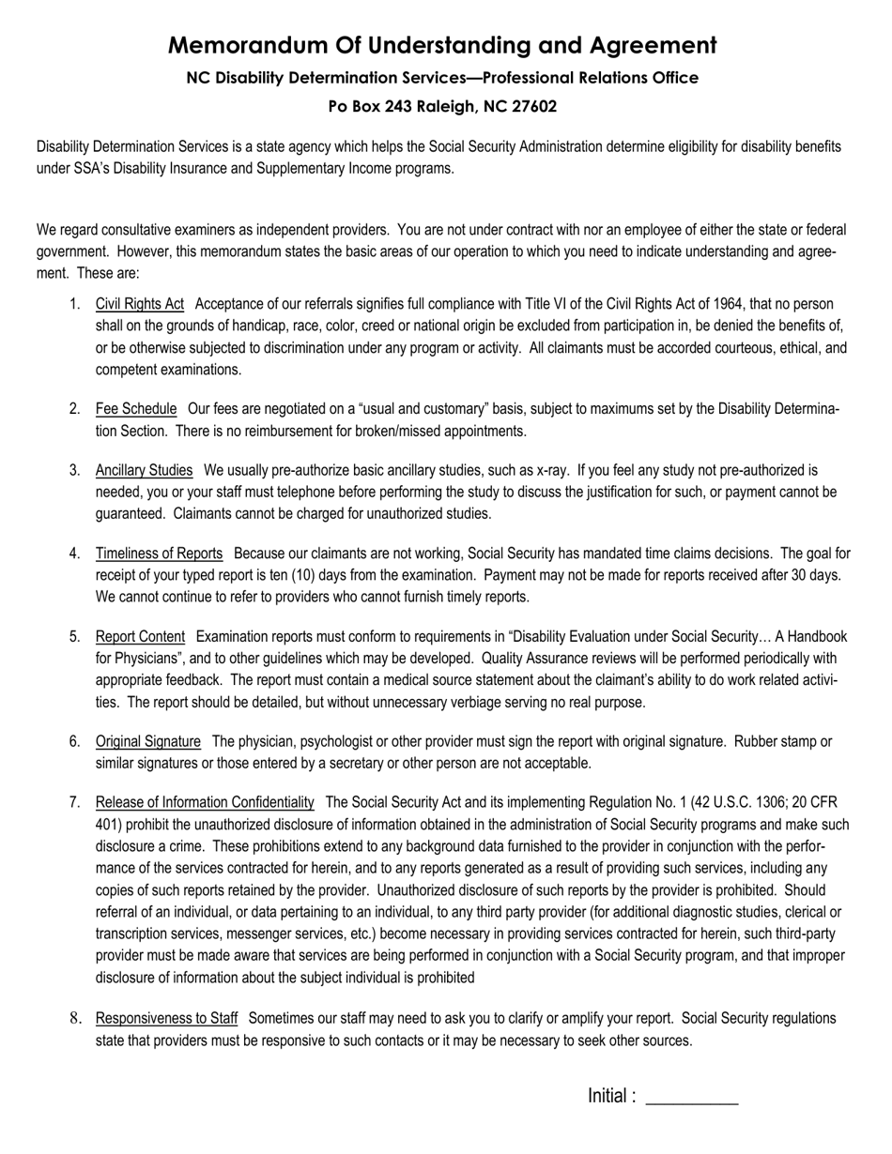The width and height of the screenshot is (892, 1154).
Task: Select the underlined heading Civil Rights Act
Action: (139, 304)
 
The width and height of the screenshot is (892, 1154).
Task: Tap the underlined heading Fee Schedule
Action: (135, 409)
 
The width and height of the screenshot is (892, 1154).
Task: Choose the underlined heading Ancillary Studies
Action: (144, 470)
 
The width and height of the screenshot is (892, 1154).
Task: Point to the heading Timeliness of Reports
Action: (159, 554)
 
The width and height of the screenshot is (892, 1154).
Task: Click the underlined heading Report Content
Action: (140, 637)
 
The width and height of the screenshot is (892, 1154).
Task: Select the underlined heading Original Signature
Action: (147, 742)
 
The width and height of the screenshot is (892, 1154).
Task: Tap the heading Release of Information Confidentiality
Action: (205, 802)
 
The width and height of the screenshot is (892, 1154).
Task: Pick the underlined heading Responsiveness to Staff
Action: (166, 1019)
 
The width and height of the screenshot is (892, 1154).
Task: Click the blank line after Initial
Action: (692, 1098)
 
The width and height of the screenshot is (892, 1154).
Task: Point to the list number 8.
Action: (74, 1019)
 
